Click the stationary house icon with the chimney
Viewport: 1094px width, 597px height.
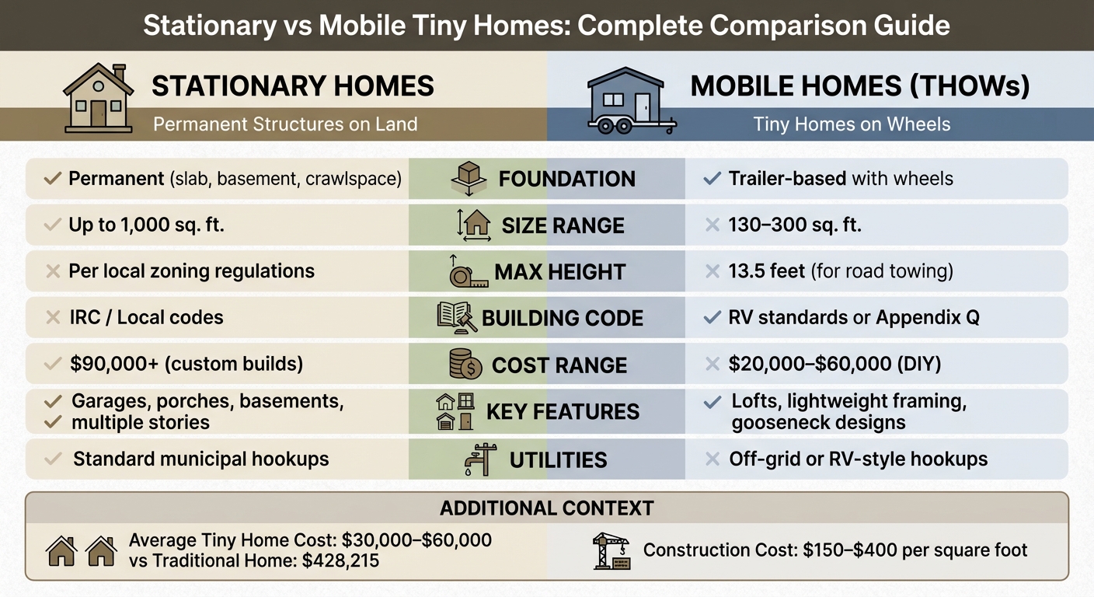(96, 97)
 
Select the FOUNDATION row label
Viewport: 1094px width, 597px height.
(566, 179)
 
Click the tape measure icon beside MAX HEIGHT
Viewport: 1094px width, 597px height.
(468, 273)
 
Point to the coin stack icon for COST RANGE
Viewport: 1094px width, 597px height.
(467, 365)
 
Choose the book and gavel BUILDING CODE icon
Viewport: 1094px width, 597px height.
(456, 318)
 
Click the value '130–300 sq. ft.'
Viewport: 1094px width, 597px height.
(794, 225)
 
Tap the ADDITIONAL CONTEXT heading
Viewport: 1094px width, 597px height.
(546, 508)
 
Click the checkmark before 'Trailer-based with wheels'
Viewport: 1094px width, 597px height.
(711, 179)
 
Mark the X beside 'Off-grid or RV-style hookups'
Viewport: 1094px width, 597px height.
(711, 459)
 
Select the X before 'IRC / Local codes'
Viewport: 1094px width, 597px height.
(53, 318)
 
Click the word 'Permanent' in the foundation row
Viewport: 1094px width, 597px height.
(116, 179)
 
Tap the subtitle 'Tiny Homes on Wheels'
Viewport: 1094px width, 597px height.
(852, 124)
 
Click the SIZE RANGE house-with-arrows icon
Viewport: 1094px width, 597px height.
(474, 225)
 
